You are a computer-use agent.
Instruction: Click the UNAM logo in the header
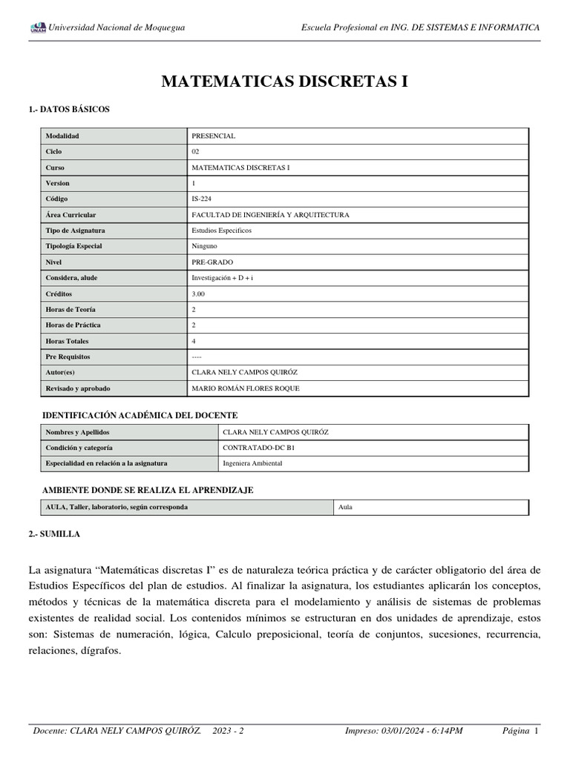pos(38,28)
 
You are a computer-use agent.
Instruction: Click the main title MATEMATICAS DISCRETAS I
pos(285,81)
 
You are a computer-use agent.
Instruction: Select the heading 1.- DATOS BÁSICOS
pos(69,109)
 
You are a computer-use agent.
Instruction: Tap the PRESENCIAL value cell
pos(214,136)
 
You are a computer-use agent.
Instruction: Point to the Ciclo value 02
pos(196,152)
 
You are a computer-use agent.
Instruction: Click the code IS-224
pos(202,199)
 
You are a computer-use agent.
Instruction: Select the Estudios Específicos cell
pos(221,231)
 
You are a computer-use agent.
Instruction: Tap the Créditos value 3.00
pos(199,294)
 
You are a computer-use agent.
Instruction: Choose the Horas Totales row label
pos(67,341)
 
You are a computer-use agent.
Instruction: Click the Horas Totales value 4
pos(194,341)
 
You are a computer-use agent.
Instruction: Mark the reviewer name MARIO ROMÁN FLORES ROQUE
pos(246,388)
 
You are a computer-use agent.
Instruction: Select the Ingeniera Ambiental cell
pos(252,463)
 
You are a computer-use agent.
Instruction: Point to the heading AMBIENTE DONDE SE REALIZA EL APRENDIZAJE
pos(148,491)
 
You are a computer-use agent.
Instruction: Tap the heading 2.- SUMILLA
pos(54,534)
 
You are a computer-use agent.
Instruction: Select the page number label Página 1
pos(520,732)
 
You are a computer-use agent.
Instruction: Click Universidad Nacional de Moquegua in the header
pos(117,28)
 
